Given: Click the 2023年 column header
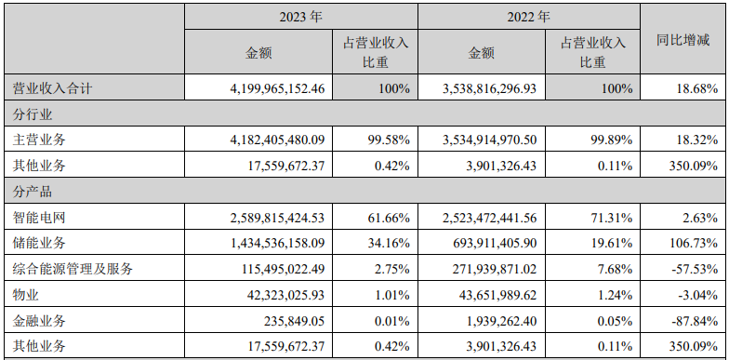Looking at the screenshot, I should pos(300,17).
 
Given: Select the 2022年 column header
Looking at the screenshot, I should pos(529,17).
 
